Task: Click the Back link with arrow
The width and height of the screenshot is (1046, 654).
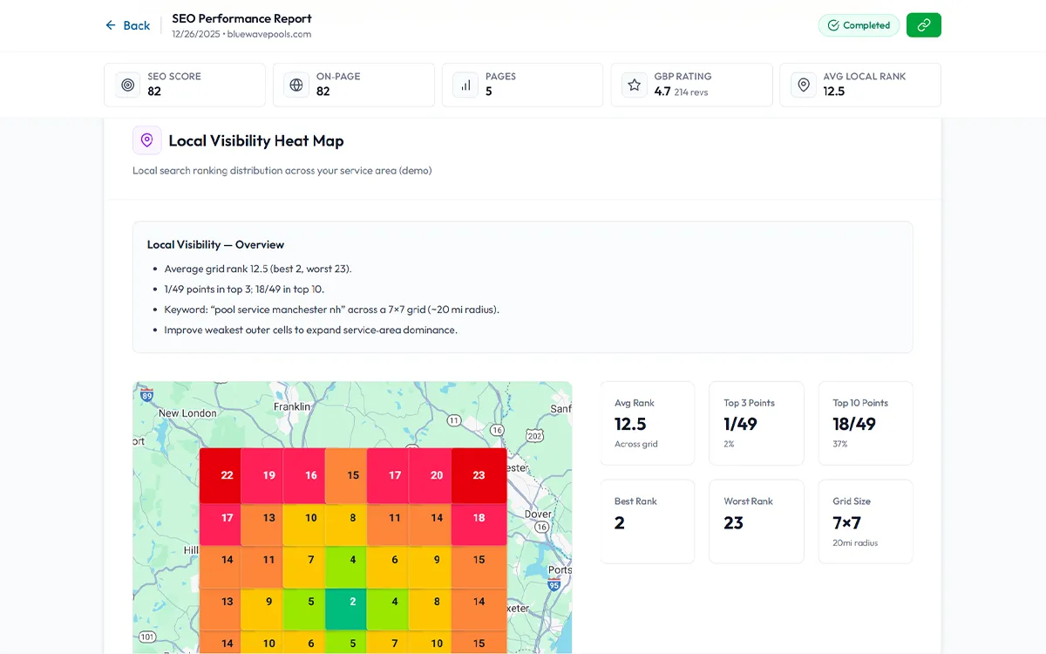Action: click(x=127, y=25)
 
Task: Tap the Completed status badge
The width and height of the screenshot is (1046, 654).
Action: click(x=859, y=25)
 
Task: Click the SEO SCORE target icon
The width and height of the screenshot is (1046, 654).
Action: click(x=128, y=85)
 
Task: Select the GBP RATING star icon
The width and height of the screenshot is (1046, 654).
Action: click(x=635, y=85)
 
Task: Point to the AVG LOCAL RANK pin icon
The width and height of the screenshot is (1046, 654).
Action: click(x=803, y=85)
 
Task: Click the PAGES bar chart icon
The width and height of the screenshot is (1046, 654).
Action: click(x=465, y=85)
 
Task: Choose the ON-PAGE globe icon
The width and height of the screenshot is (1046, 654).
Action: click(x=296, y=85)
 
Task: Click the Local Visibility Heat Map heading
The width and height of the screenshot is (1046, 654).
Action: click(x=255, y=140)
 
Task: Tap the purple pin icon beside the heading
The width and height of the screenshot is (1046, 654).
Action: click(x=146, y=140)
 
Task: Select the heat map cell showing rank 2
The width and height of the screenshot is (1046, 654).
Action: click(x=352, y=601)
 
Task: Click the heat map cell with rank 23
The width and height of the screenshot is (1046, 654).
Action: click(x=479, y=475)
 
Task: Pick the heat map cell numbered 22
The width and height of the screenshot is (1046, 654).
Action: click(x=227, y=475)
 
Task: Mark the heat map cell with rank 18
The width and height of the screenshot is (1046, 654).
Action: click(x=479, y=518)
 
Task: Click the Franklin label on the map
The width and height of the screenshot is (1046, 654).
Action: click(x=292, y=406)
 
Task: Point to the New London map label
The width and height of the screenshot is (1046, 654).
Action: click(x=187, y=413)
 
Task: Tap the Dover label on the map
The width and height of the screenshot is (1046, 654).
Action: click(x=538, y=514)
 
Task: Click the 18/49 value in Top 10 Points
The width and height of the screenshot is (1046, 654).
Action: click(x=854, y=424)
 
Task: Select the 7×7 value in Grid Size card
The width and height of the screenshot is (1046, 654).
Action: click(x=846, y=522)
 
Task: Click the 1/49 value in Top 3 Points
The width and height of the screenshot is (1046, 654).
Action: click(x=740, y=424)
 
